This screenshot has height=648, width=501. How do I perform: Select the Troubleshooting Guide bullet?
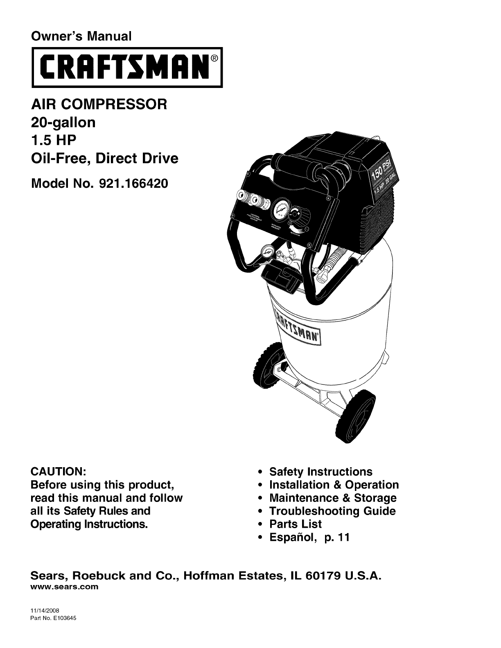point(332,511)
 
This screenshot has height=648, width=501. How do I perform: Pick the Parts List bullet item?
point(295,524)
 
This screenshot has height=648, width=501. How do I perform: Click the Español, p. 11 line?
point(309,537)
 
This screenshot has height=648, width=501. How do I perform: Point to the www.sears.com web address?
point(65,587)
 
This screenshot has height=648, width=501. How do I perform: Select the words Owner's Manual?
point(81,36)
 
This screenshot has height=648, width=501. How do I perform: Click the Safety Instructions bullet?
point(320,472)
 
